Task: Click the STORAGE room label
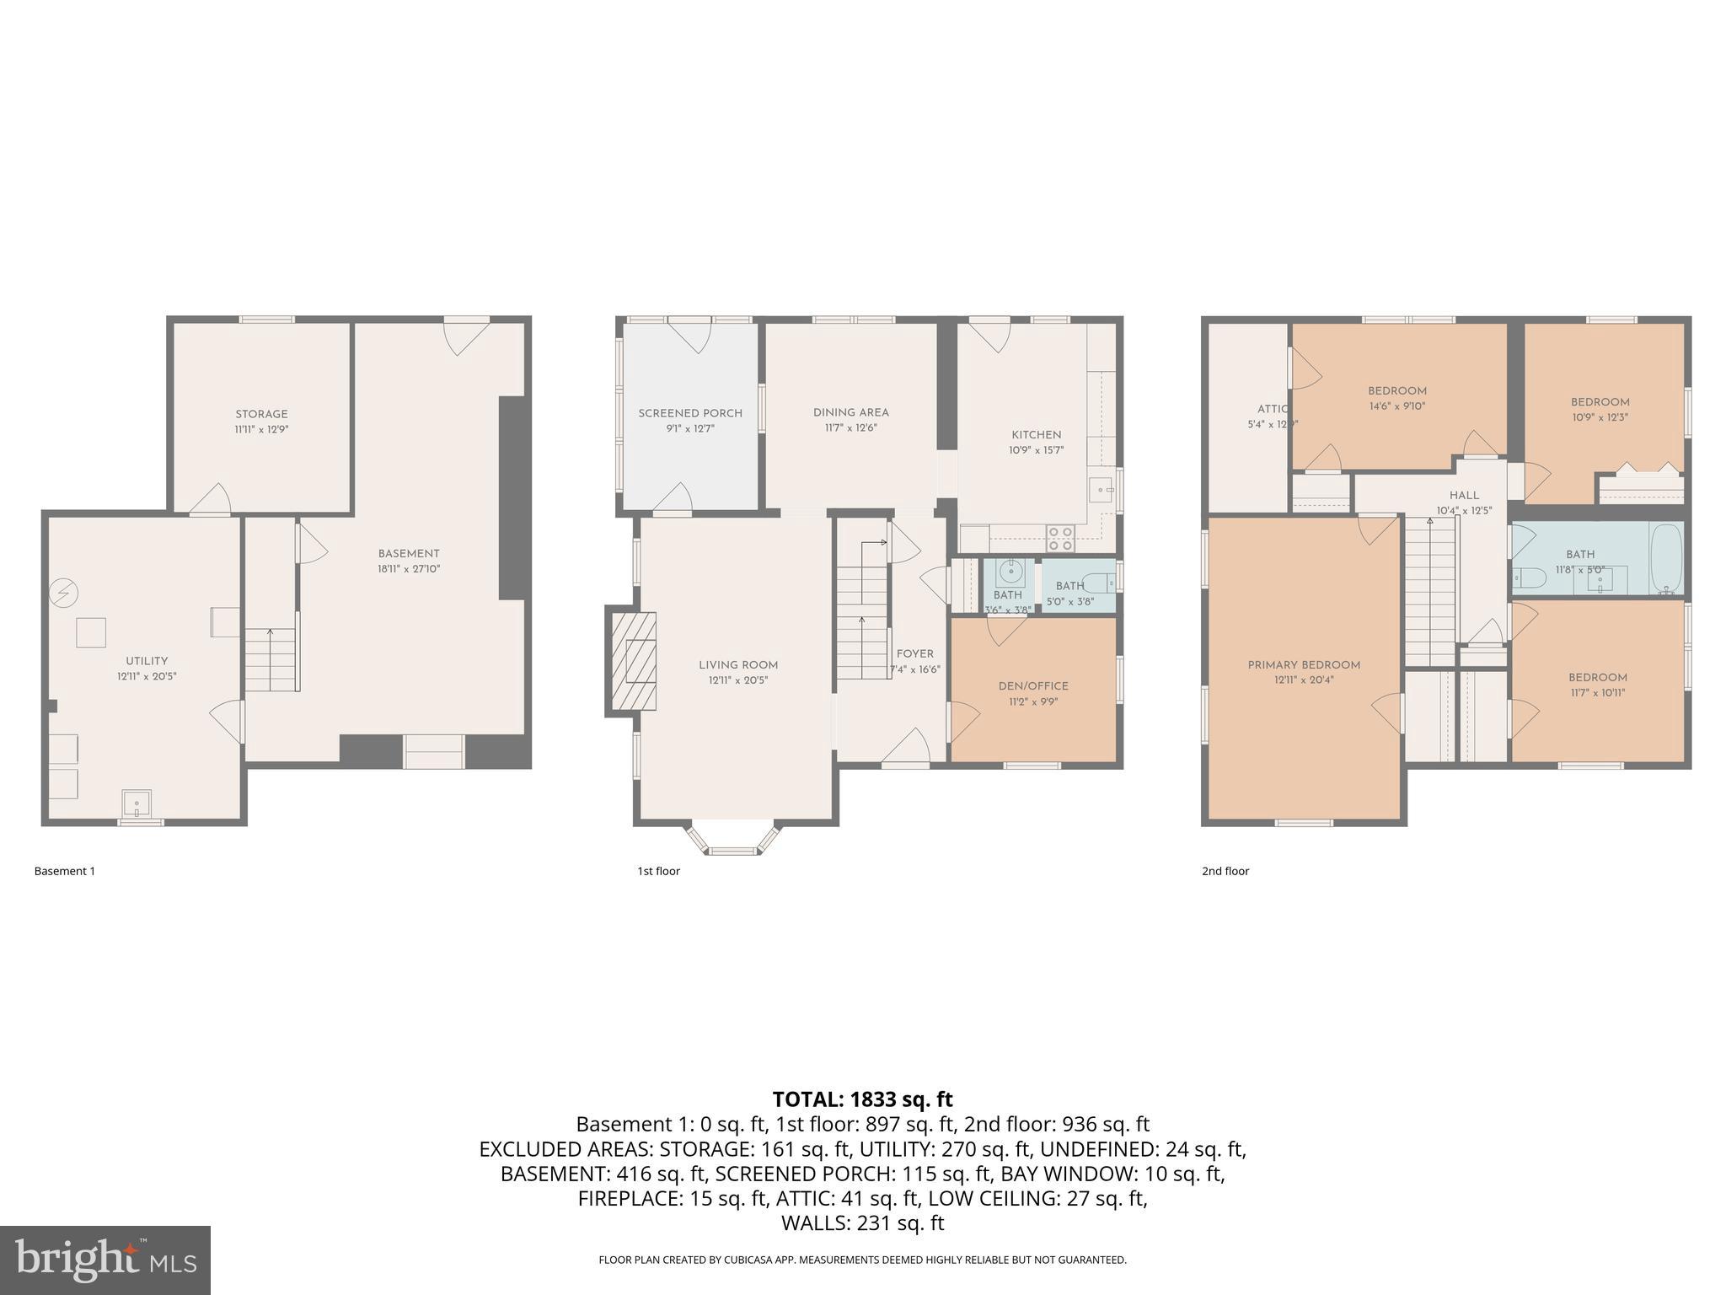pos(261,414)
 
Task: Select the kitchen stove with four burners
pos(1060,539)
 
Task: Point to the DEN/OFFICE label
pos(1032,686)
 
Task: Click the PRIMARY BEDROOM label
pos(1304,665)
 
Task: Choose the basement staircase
pos(271,659)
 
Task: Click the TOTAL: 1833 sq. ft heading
pos(862,1099)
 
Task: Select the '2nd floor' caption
pos(1225,871)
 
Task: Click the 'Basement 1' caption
pos(65,871)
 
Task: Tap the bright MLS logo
pos(105,1260)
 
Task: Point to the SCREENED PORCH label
pos(690,413)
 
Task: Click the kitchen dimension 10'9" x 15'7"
pos(1036,450)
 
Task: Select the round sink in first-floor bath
pos(1010,573)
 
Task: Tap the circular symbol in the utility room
pos(63,594)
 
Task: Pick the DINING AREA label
pos(850,412)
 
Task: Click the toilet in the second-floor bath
pos(1530,578)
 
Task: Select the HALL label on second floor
pos(1464,495)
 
